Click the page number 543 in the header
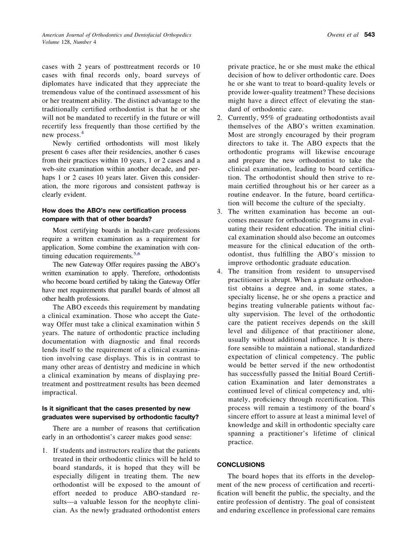(x=369, y=35)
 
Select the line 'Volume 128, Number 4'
(x=69, y=42)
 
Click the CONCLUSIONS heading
(x=241, y=465)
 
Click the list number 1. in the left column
(x=45, y=451)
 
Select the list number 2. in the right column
(x=220, y=118)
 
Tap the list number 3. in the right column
(x=220, y=212)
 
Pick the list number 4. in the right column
(x=220, y=271)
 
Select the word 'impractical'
(x=59, y=392)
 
